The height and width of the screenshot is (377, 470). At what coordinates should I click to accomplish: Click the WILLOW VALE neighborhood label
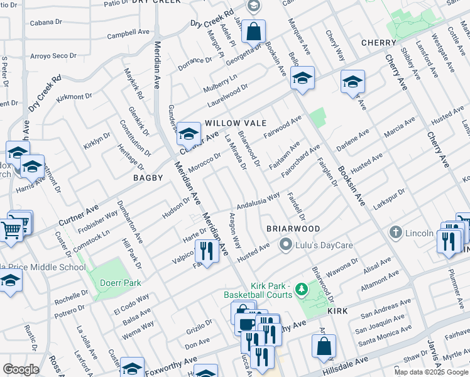[x=234, y=123]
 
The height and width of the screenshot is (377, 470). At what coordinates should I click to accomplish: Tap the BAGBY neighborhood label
[x=148, y=178]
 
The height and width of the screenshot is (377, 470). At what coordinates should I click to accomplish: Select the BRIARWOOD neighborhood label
[x=293, y=228]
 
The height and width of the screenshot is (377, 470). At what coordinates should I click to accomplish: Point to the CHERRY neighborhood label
[x=378, y=43]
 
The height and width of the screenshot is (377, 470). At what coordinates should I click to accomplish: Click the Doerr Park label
[x=120, y=283]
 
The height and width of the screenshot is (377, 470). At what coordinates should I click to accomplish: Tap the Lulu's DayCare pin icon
[x=286, y=244]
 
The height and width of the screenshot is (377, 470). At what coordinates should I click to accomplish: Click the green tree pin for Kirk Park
[x=302, y=289]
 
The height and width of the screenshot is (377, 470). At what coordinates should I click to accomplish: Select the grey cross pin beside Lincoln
[x=395, y=232]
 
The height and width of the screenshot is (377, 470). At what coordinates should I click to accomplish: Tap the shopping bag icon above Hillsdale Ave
[x=324, y=346]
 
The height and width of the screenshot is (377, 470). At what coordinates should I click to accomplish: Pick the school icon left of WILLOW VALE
[x=188, y=134]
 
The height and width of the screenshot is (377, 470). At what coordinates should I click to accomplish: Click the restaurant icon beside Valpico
[x=205, y=251]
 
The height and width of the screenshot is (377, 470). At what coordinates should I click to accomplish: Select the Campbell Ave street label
[x=126, y=35]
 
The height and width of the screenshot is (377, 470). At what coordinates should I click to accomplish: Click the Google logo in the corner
[x=21, y=369]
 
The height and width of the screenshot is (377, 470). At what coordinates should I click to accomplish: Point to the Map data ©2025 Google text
[x=431, y=372]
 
